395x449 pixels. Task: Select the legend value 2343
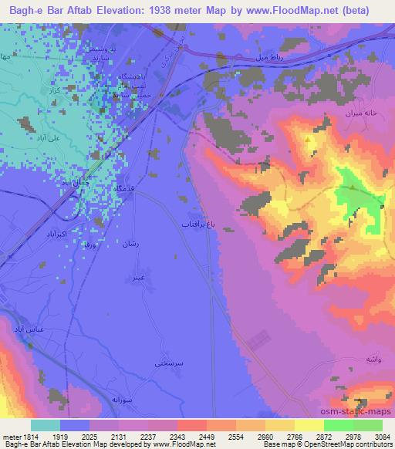click(x=192, y=437)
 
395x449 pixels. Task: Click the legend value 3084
click(x=380, y=437)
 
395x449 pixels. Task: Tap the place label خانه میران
click(x=360, y=113)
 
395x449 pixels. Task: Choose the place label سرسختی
click(x=167, y=361)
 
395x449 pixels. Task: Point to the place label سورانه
click(x=102, y=400)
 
